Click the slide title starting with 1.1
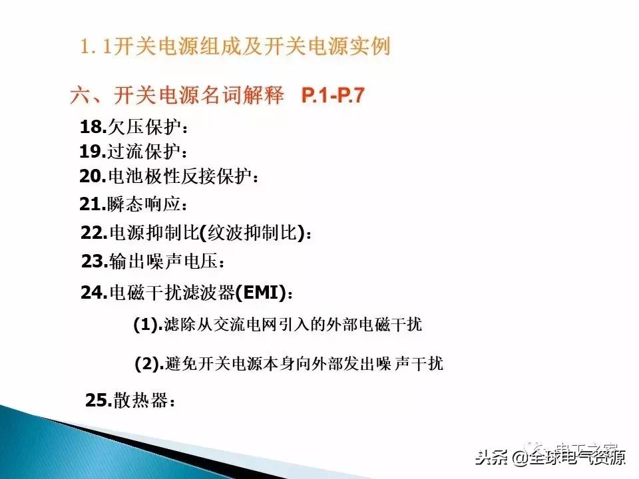tap(234, 47)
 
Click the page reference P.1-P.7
tap(333, 96)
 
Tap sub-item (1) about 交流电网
tap(278, 325)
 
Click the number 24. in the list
tap(94, 293)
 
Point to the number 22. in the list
tap(94, 233)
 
